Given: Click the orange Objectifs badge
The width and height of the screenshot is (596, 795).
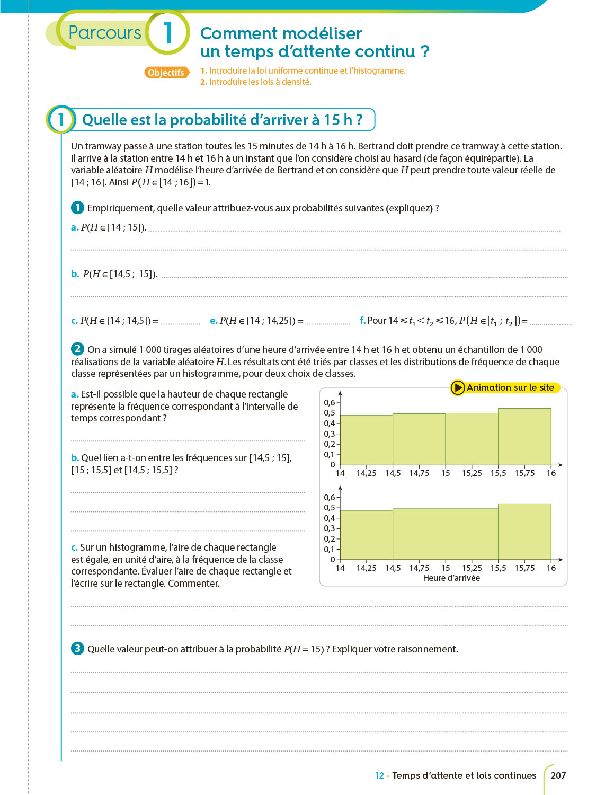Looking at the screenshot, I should [x=166, y=73].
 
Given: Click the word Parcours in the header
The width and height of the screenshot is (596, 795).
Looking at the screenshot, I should [x=105, y=32].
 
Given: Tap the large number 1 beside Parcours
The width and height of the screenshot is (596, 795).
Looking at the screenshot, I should [x=167, y=33].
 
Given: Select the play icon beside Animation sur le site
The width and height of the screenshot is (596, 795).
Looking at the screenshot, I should [x=458, y=387].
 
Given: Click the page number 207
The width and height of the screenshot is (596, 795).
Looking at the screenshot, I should [x=558, y=775].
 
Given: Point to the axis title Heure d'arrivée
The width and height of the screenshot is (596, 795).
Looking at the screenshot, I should [x=451, y=578].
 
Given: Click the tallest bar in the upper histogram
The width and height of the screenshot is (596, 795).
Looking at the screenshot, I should [x=524, y=437].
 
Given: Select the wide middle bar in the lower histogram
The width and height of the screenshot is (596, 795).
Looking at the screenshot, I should [x=446, y=534].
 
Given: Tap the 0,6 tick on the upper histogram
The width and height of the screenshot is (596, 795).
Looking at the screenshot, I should [x=330, y=403].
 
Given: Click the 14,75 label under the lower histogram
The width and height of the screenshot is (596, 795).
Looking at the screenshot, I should [x=419, y=568].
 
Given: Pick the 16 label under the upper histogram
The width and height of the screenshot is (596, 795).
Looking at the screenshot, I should [x=551, y=473].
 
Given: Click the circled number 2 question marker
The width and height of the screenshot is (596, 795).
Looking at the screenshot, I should [x=77, y=349].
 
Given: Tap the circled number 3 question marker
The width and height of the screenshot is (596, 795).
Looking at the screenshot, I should [x=77, y=648].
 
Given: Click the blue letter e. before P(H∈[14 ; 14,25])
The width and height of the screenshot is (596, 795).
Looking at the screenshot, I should [x=214, y=321].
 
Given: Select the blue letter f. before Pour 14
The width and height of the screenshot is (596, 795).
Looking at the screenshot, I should [x=362, y=321].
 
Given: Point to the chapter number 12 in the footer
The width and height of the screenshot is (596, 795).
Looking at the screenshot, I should [x=379, y=775].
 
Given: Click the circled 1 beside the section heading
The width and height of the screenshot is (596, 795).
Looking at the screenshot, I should [x=61, y=119].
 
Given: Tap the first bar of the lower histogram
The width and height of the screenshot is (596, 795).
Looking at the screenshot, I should [x=366, y=535].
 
